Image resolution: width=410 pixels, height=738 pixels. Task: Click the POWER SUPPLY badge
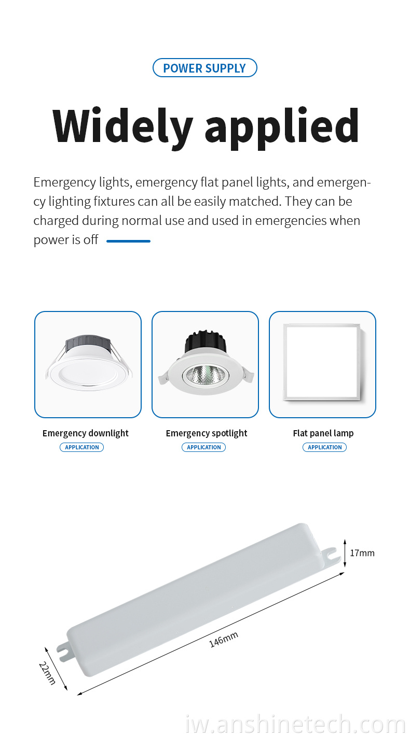click(x=204, y=68)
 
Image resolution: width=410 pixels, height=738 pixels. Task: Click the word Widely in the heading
click(x=122, y=127)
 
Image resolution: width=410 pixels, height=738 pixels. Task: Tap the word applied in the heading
click(x=282, y=128)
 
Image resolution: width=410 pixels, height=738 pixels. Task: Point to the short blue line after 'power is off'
click(x=128, y=241)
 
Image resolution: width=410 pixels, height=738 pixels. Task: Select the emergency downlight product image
click(x=88, y=362)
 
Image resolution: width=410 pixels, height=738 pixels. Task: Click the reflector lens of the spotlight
click(x=206, y=376)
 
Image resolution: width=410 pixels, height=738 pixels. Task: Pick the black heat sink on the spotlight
click(x=206, y=341)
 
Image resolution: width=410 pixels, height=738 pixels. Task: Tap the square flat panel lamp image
click(x=322, y=362)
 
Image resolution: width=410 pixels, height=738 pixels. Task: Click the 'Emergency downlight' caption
click(x=86, y=434)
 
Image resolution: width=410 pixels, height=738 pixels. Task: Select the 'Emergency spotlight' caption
click(x=207, y=434)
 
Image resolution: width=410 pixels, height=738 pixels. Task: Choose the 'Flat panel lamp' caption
click(x=323, y=433)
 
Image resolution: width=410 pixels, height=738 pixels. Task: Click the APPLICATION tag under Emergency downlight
click(x=82, y=447)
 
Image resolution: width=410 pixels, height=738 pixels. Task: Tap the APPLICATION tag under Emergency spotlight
click(x=204, y=447)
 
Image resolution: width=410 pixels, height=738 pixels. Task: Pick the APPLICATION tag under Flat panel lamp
click(x=325, y=447)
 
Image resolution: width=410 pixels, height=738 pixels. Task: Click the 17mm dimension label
click(x=362, y=553)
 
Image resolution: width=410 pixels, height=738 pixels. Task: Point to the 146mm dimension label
click(x=224, y=640)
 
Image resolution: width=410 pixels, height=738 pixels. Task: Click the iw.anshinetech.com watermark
click(x=295, y=724)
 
